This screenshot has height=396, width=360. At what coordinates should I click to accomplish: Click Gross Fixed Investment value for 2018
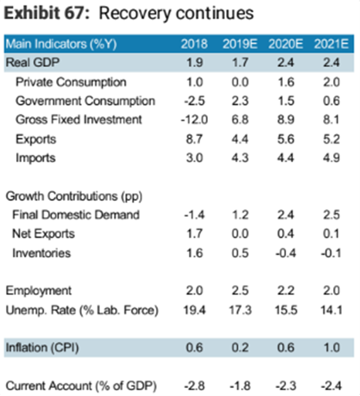194,120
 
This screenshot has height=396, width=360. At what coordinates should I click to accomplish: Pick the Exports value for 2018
194,139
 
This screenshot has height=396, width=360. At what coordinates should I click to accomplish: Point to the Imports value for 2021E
331,158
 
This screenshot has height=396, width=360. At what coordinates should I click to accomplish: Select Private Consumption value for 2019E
240,82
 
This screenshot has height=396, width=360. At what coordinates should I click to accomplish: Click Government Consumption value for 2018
194,101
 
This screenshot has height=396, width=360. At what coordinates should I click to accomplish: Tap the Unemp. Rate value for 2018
194,310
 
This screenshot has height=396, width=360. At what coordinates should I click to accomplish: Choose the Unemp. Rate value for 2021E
331,310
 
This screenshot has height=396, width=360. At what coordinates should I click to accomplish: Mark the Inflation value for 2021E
331,348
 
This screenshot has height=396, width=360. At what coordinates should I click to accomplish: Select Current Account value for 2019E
240,386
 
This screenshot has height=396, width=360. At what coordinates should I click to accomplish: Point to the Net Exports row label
43,234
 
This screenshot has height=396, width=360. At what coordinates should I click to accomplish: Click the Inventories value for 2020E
286,253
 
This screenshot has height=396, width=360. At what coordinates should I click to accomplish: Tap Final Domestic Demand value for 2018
194,215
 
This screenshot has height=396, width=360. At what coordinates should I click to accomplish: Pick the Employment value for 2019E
240,291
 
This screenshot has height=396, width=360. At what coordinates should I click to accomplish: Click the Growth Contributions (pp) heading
74,196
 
